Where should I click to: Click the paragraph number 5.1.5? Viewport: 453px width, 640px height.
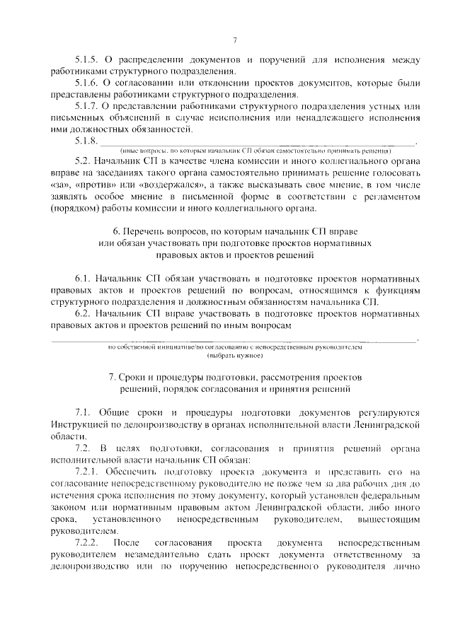[x=86, y=58]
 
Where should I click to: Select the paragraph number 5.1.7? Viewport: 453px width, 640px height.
[x=86, y=106]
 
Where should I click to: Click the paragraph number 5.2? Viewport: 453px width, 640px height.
[x=83, y=161]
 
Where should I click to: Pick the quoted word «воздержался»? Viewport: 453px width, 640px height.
[x=159, y=185]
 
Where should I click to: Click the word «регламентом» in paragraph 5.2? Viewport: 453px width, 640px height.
[x=390, y=196]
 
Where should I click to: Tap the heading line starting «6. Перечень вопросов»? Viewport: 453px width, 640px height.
[x=234, y=231]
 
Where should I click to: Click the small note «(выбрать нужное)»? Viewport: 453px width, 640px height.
[x=234, y=356]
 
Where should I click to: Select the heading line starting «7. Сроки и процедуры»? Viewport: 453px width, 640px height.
[x=234, y=377]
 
